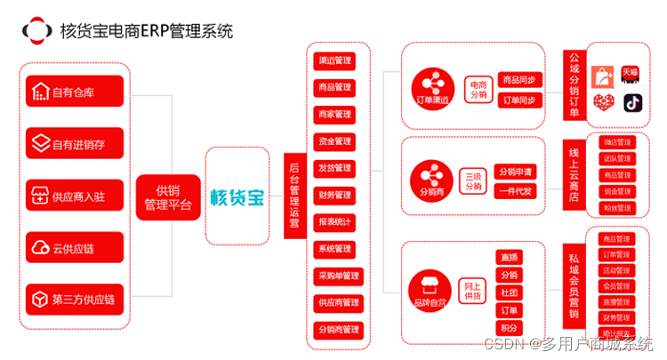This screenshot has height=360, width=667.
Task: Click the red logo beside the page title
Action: (x=36, y=31)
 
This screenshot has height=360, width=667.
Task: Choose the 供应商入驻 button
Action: (x=74, y=196)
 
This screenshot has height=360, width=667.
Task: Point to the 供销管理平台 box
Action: (x=166, y=197)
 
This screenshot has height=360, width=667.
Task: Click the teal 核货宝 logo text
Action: (x=237, y=196)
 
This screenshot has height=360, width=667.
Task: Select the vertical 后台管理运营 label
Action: (x=294, y=196)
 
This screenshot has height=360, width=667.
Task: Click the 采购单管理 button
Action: (x=338, y=276)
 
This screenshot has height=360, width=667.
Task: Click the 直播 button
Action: (x=508, y=257)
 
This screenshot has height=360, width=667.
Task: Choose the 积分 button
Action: (x=508, y=328)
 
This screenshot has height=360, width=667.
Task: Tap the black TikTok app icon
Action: (x=632, y=102)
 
